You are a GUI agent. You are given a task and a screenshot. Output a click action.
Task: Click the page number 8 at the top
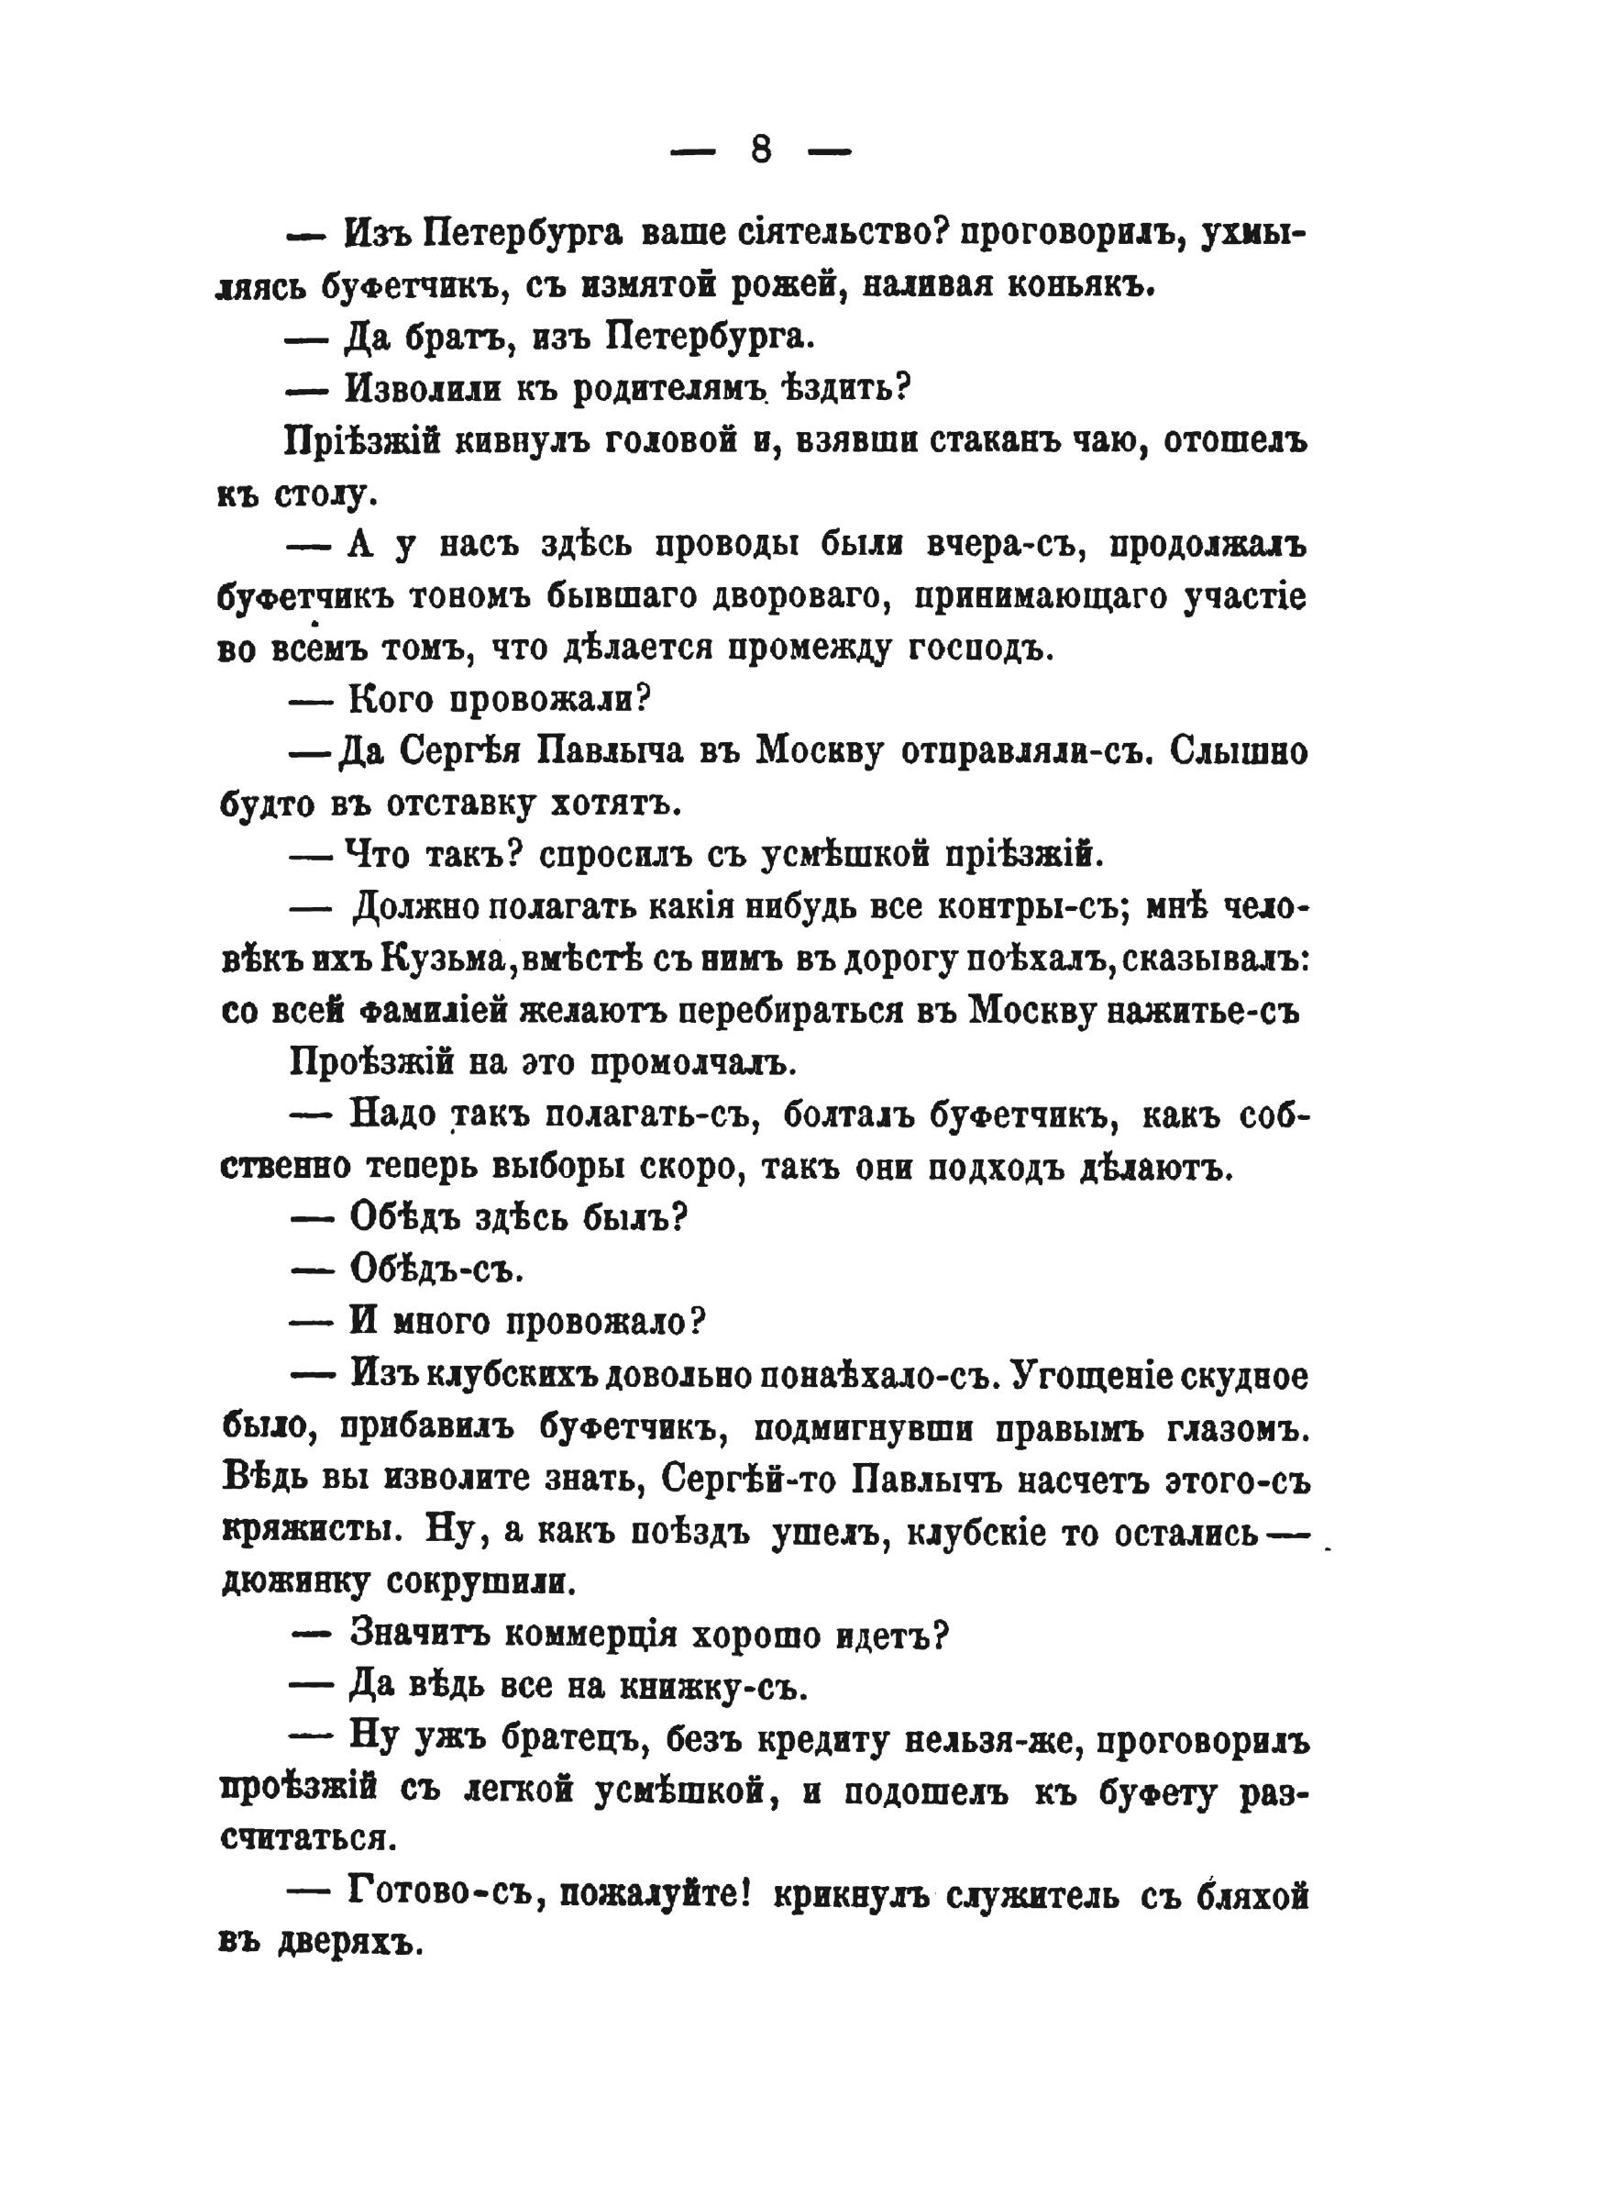pos(761,150)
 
